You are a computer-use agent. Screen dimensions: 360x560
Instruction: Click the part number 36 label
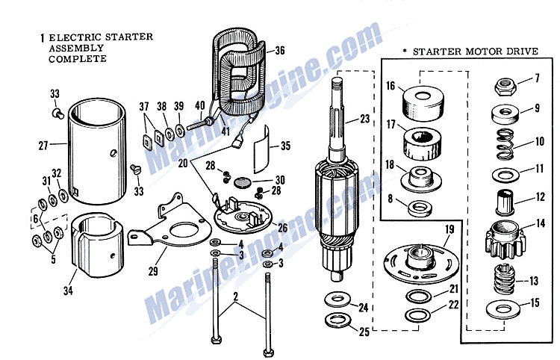[x=280, y=52]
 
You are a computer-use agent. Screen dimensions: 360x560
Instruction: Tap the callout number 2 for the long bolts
[x=237, y=295]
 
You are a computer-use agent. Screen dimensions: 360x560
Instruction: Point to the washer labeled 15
[x=503, y=306]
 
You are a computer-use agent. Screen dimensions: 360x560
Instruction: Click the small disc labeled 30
[x=240, y=181]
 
